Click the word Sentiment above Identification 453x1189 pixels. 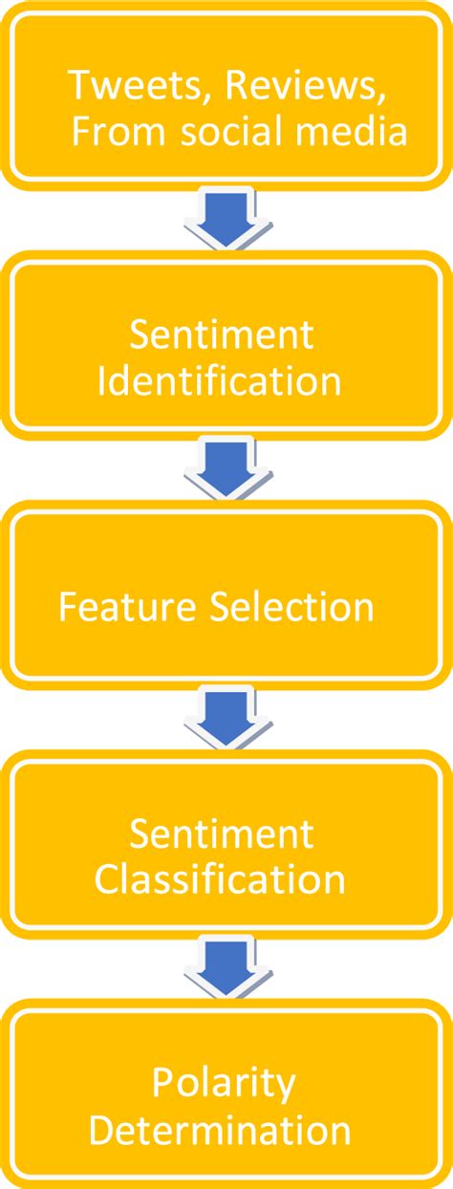coord(221,335)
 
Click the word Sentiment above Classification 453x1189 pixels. coord(221,833)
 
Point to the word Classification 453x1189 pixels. coord(219,879)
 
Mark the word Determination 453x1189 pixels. coord(220,1132)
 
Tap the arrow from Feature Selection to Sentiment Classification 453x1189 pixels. coord(226,717)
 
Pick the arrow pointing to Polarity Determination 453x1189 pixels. coord(226,965)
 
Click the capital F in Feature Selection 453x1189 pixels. coord(68,607)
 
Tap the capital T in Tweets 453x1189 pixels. coord(78,86)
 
